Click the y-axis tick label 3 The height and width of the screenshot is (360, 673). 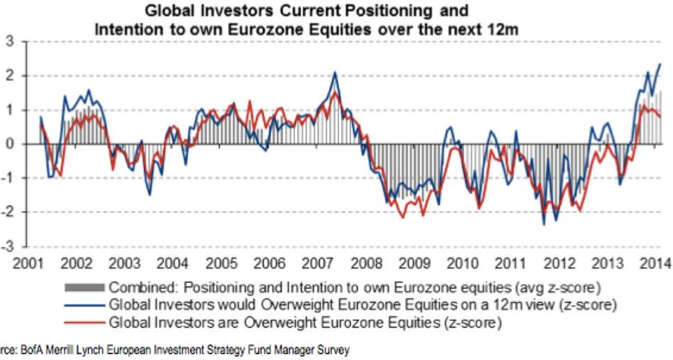point(9,42)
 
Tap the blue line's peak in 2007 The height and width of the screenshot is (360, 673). point(334,72)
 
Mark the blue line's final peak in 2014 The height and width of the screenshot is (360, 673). point(660,64)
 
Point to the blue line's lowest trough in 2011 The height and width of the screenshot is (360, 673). point(544,224)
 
